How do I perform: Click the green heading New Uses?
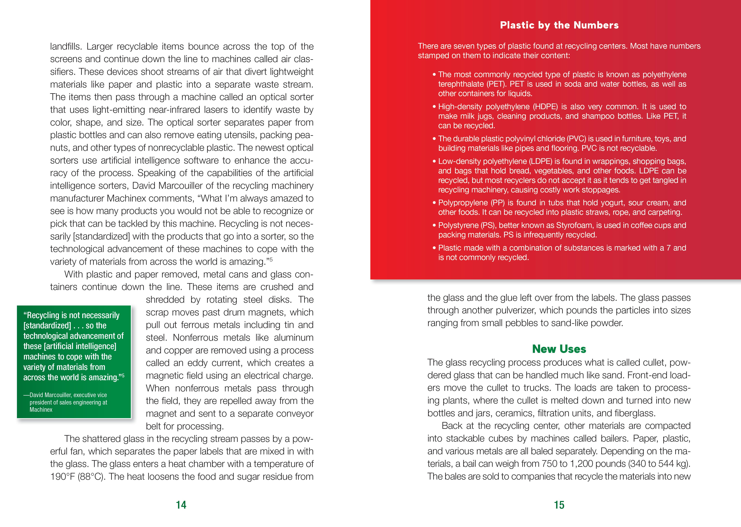(559, 349)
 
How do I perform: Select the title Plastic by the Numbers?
(559, 25)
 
